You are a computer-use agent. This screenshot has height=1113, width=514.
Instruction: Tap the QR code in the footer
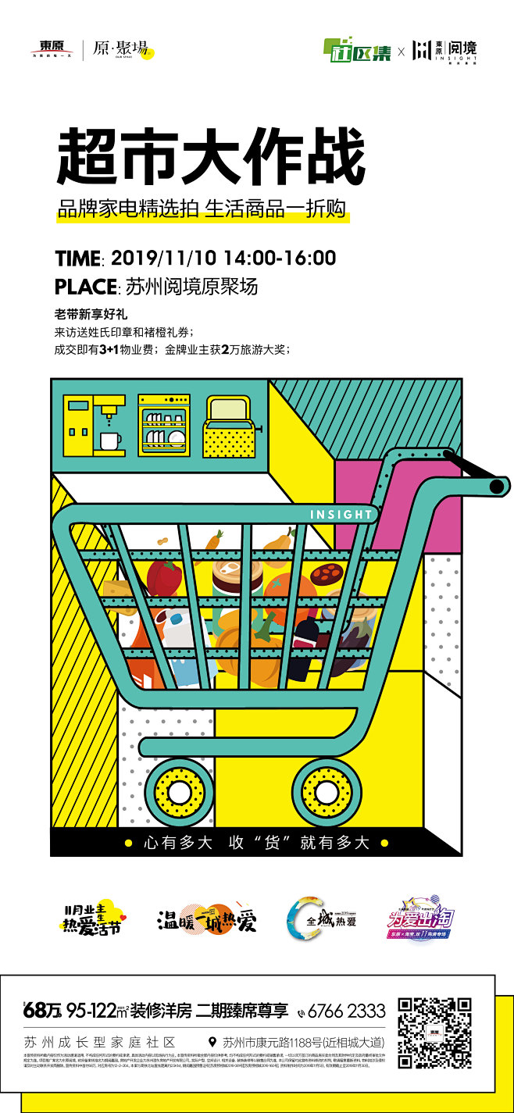434,1032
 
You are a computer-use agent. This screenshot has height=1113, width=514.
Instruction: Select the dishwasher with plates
163,426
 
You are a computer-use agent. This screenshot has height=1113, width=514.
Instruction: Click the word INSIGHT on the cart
341,515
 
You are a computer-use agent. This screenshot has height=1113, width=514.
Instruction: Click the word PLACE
85,287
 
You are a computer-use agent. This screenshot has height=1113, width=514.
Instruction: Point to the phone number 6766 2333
346,1011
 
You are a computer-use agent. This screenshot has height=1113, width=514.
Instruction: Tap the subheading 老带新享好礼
91,316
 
